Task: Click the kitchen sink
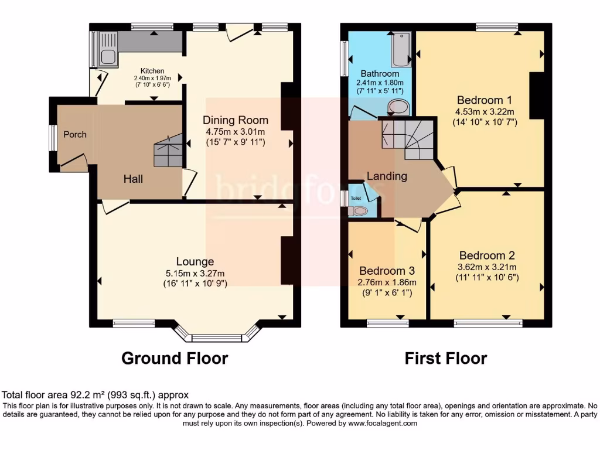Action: pos(108,56)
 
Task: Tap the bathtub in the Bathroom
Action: pos(401,49)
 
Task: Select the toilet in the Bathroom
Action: pos(399,107)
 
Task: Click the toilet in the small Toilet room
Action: pos(360,211)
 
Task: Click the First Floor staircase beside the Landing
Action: pos(407,137)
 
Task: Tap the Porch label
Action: pos(75,135)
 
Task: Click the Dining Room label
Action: pos(236,121)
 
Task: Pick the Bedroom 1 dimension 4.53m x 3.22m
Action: pos(486,112)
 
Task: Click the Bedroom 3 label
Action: pos(387,271)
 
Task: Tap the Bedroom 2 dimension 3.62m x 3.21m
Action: pos(487,267)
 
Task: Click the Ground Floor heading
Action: pos(175,358)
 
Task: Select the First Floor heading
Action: pos(446,358)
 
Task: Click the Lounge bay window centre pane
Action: pos(217,337)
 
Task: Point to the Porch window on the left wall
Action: pos(53,139)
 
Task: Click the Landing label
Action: pos(387,176)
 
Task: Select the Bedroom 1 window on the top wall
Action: pos(497,26)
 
